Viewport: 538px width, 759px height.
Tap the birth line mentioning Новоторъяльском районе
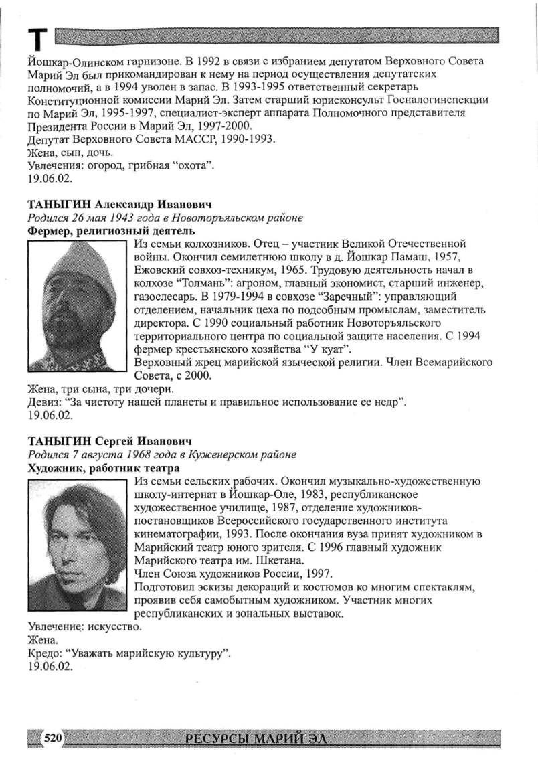click(x=165, y=218)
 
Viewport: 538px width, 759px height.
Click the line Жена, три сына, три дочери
click(x=101, y=389)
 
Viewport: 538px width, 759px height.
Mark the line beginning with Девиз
click(x=217, y=402)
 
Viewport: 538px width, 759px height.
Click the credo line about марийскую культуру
click(x=129, y=654)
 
